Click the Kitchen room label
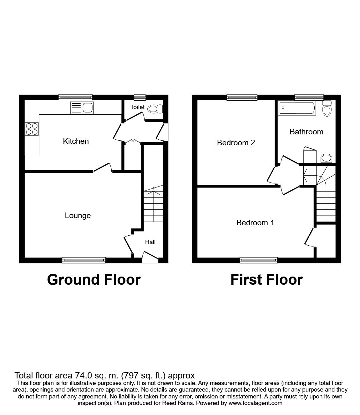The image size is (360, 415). [x=76, y=141]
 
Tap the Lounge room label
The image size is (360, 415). [x=78, y=216]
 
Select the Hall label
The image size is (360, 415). [x=150, y=242]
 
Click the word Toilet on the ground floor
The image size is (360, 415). [x=137, y=107]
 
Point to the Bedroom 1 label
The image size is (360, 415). [x=255, y=222]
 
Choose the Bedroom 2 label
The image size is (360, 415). [x=236, y=143]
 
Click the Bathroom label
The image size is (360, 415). [x=306, y=132]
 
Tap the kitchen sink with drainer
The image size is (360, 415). [x=82, y=108]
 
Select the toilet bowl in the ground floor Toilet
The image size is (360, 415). [x=155, y=109]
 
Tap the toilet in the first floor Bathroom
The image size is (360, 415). [x=327, y=108]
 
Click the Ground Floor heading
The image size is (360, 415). [x=94, y=280]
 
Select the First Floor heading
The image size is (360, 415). [x=266, y=280]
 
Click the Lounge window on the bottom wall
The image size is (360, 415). [x=84, y=260]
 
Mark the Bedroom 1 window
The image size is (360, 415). [x=259, y=260]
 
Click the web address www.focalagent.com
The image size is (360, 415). [x=255, y=403]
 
